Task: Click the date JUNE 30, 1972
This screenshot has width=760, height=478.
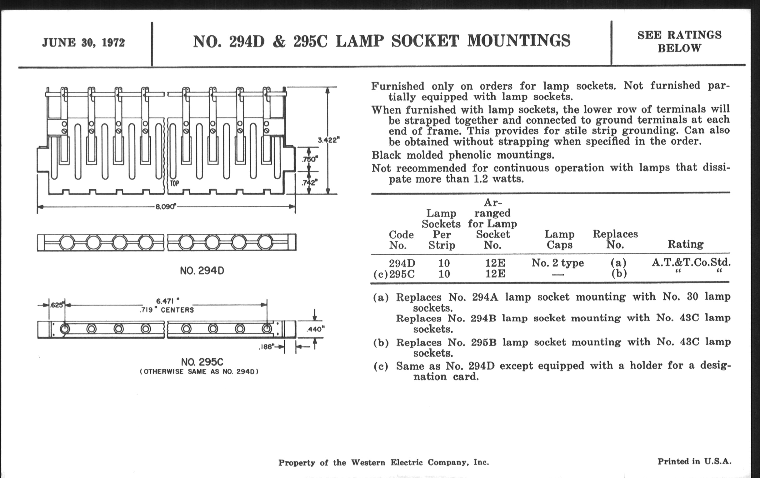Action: (83, 42)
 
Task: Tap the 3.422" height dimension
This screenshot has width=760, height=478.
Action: (328, 140)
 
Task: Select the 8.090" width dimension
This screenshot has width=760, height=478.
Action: (165, 207)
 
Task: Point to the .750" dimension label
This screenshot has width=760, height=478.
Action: (310, 159)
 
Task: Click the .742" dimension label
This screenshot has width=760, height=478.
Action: (309, 182)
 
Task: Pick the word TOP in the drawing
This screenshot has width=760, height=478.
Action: (175, 183)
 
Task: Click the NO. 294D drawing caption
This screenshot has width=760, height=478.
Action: (202, 271)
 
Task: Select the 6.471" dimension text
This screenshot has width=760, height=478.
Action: (167, 301)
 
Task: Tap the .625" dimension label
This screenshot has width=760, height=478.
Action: (57, 305)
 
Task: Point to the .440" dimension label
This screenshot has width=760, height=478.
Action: (315, 329)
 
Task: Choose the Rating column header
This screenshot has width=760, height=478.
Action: (686, 244)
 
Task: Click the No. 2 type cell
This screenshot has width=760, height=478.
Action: (558, 263)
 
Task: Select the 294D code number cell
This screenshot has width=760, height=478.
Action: (402, 263)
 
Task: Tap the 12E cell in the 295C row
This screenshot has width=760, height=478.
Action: (495, 274)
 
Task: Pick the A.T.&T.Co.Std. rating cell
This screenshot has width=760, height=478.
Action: (691, 262)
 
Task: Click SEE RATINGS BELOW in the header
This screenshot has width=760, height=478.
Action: (679, 41)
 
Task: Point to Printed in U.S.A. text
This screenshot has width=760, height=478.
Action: (694, 461)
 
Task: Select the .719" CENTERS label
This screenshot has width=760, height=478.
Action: (167, 310)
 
